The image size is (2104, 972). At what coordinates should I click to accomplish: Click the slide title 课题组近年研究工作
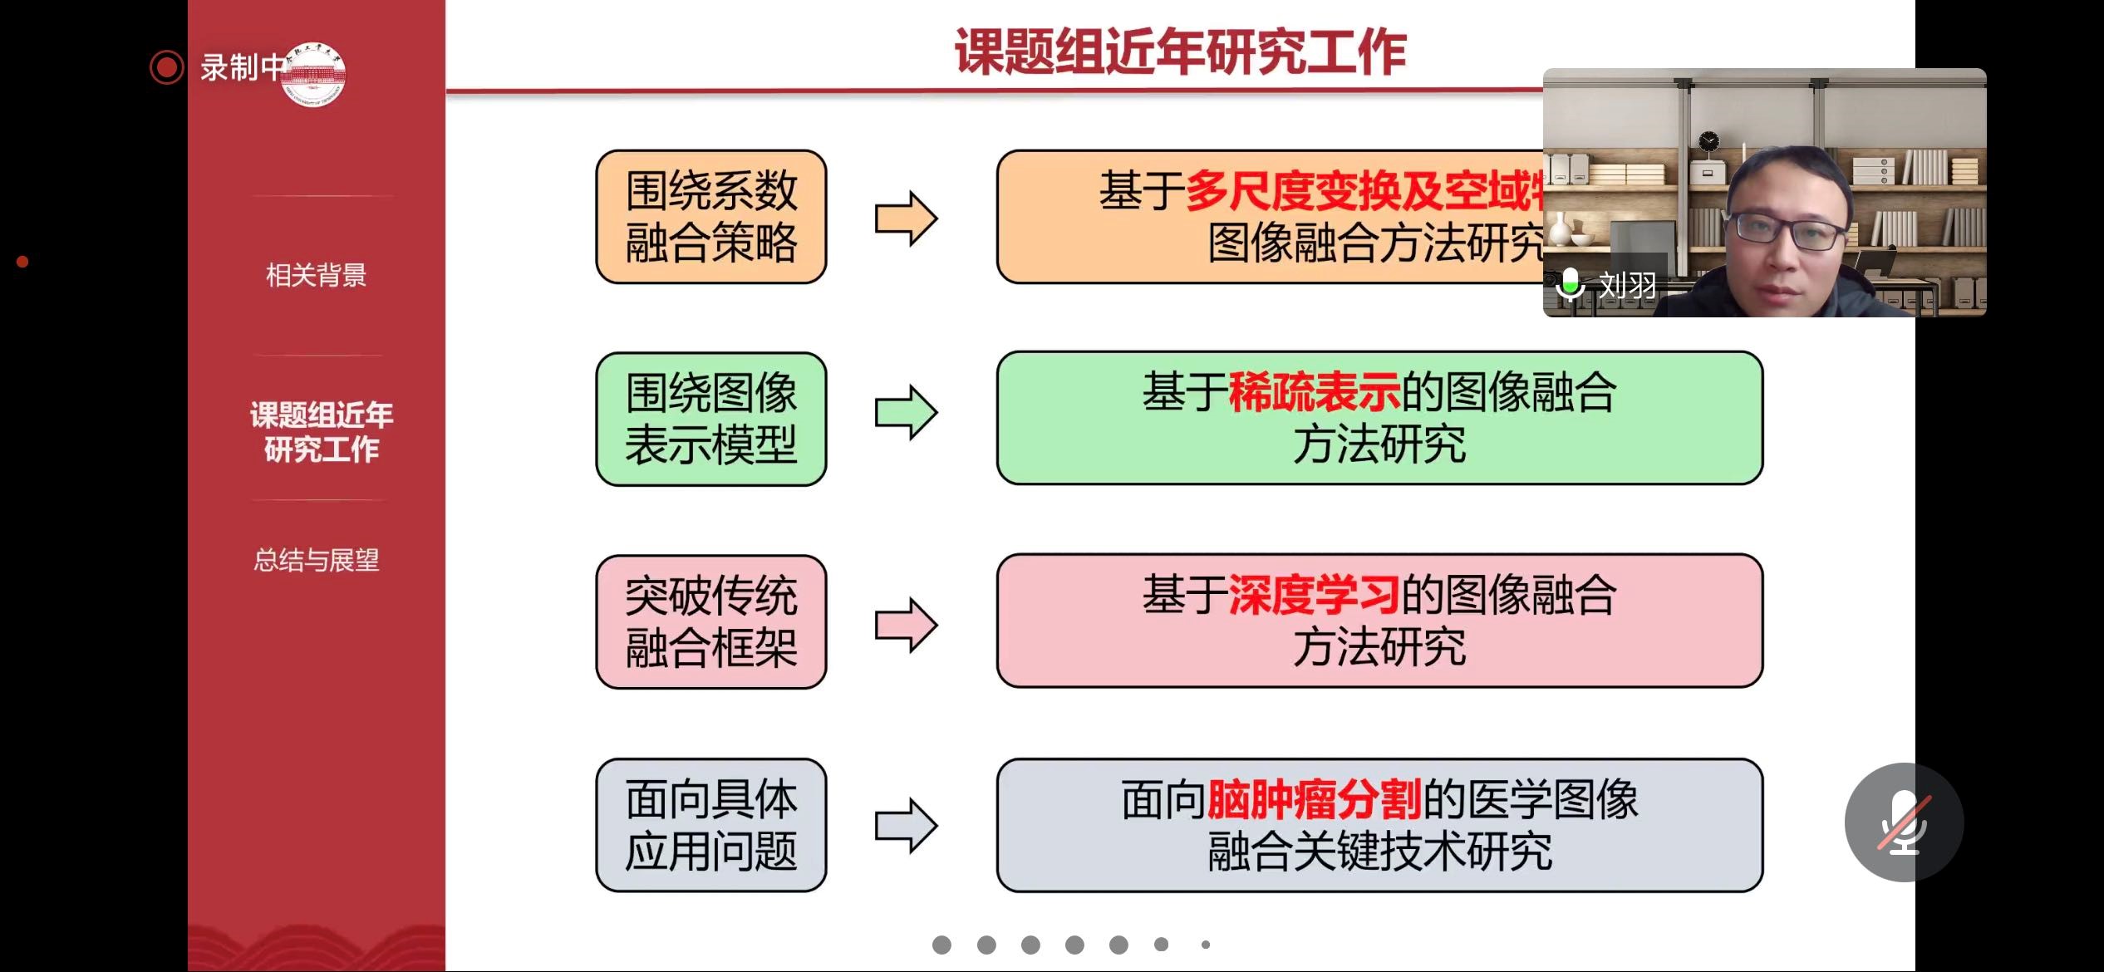coord(1180,52)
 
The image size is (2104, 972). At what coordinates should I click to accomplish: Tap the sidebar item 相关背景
coord(316,275)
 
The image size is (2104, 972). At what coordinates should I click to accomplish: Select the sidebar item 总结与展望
coord(316,560)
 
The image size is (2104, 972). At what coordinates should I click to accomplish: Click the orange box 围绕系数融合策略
coord(711,217)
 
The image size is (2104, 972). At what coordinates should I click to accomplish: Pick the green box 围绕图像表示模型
coord(711,419)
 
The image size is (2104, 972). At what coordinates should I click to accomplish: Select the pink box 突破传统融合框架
coord(711,621)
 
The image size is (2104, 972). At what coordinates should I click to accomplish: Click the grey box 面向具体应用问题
coord(711,825)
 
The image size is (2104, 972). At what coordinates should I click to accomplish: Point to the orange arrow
coord(906,218)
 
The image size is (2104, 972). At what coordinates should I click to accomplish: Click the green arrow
coord(906,412)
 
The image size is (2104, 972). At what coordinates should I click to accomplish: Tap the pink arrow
coord(906,625)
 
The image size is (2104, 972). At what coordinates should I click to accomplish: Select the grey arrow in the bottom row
coord(906,826)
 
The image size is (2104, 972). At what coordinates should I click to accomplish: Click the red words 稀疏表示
coord(1315,392)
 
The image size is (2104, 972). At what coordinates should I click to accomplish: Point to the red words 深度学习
coord(1315,595)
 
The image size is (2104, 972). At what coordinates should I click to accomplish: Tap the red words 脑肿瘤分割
coord(1315,799)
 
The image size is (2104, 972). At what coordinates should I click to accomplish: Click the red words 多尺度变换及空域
coord(1363,191)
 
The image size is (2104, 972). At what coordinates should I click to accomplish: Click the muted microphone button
coord(1904,822)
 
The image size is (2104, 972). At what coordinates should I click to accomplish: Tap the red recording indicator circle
coord(166,67)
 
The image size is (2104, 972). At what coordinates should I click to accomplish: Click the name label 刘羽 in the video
coord(1627,285)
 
